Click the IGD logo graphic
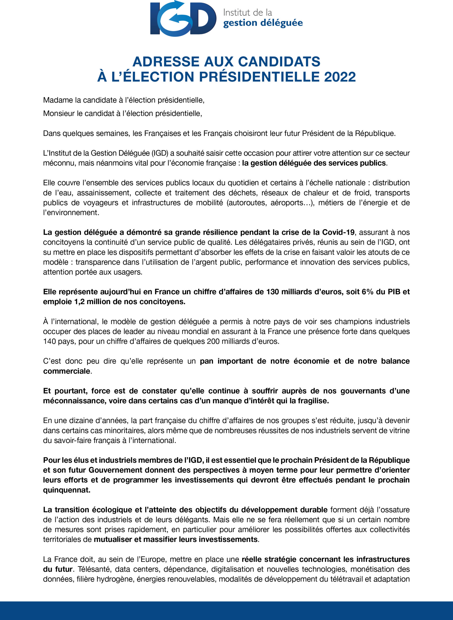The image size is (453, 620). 183,18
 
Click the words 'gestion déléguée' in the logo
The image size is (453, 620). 263,23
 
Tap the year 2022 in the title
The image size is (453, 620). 340,77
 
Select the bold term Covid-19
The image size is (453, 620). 338,232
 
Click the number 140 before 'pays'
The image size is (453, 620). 49,341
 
